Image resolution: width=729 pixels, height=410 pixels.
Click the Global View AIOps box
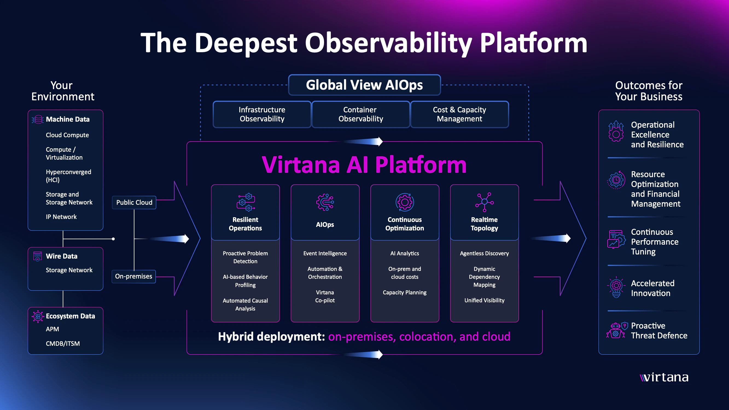point(364,85)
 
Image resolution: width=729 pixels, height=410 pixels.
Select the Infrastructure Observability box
point(262,114)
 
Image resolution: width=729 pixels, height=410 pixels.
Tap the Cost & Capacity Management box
point(459,114)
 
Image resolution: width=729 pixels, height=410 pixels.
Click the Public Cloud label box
point(134,203)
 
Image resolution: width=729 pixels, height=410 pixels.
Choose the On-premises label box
point(133,276)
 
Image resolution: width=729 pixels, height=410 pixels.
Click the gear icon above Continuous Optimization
point(404,202)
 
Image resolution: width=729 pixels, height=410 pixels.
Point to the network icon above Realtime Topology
point(484,202)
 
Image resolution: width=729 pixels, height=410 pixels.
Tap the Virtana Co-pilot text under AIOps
point(325,296)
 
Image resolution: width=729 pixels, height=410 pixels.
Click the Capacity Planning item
point(404,292)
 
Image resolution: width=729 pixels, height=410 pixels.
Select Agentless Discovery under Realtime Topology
point(484,254)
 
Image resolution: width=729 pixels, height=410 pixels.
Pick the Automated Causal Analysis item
point(245,304)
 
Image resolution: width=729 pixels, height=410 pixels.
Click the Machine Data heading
point(68,119)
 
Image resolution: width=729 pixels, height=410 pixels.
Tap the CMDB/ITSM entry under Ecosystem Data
point(63,344)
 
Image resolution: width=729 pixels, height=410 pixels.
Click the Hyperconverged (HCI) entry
point(68,176)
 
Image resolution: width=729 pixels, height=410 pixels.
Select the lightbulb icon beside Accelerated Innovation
point(616,288)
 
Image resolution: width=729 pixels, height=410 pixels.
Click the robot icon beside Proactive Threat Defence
point(615,330)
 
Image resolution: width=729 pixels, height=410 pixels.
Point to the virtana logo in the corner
point(664,377)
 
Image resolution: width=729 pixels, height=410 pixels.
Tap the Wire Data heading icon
point(37,256)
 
